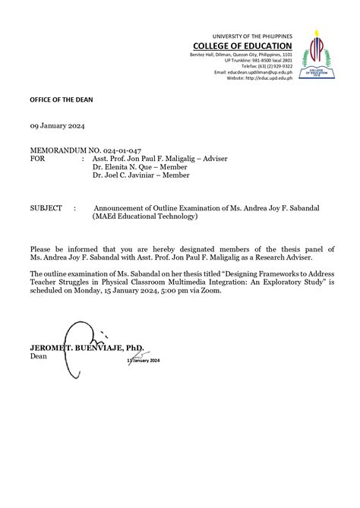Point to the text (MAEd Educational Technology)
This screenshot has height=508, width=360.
(x=145, y=216)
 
